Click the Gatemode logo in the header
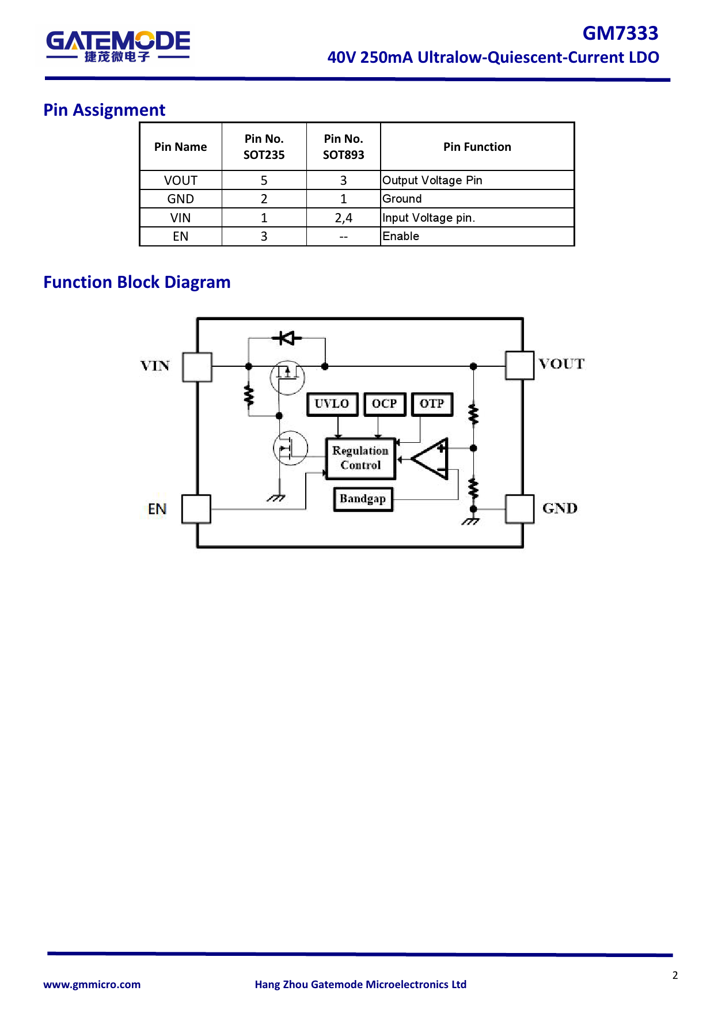click(117, 45)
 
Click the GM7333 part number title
click(620, 33)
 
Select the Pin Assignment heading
click(104, 110)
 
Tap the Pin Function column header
click(477, 147)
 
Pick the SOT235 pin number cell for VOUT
click(264, 180)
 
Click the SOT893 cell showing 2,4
click(343, 218)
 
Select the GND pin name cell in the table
click(180, 199)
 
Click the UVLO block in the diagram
click(332, 404)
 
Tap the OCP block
click(384, 404)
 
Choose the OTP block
click(432, 404)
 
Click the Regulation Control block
click(360, 458)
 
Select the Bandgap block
click(363, 499)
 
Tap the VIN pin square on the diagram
click(197, 367)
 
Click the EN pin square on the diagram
click(196, 509)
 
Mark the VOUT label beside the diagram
click(561, 364)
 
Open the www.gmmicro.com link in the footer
click(92, 984)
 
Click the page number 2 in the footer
click(675, 975)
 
